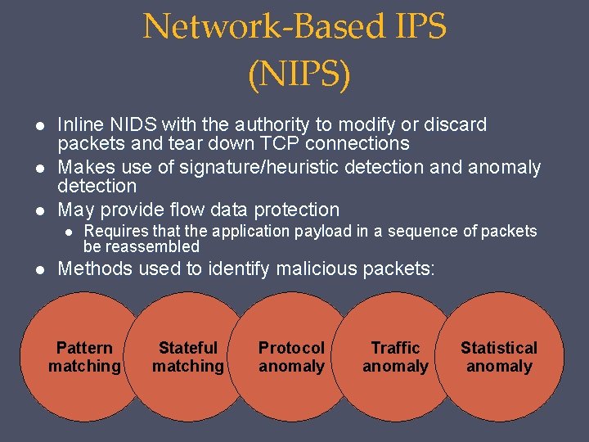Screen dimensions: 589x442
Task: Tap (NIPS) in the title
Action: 298,75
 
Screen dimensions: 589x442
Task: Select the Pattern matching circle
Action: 84,358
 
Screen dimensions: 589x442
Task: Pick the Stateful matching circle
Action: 188,358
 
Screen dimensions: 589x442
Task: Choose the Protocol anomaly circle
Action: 291,358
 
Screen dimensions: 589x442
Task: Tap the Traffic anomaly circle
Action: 395,358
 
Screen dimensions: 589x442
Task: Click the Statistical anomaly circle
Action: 499,358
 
